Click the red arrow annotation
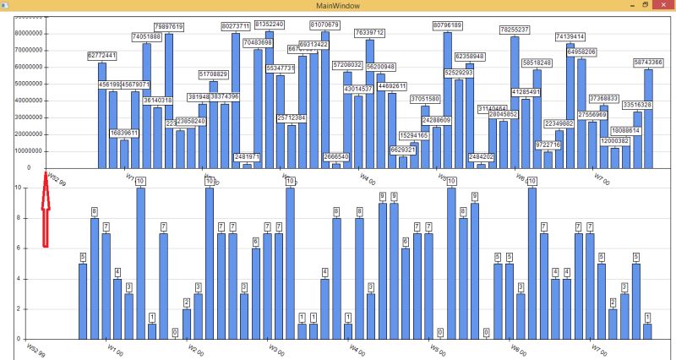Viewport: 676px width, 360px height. (46, 211)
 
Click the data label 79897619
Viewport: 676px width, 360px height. (169, 27)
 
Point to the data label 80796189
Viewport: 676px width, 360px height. (447, 25)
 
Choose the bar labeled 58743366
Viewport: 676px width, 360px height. (648, 118)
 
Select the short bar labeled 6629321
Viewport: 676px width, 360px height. (403, 161)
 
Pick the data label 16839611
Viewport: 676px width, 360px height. (124, 133)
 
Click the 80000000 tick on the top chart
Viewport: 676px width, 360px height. (29, 34)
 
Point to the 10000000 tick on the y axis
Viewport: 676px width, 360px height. (29, 150)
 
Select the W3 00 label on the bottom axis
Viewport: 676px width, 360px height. (277, 348)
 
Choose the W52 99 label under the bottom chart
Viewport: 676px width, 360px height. (35, 348)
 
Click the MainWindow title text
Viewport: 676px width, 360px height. (338, 6)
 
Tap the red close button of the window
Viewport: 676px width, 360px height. (664, 5)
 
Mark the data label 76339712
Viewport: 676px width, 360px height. (368, 32)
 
